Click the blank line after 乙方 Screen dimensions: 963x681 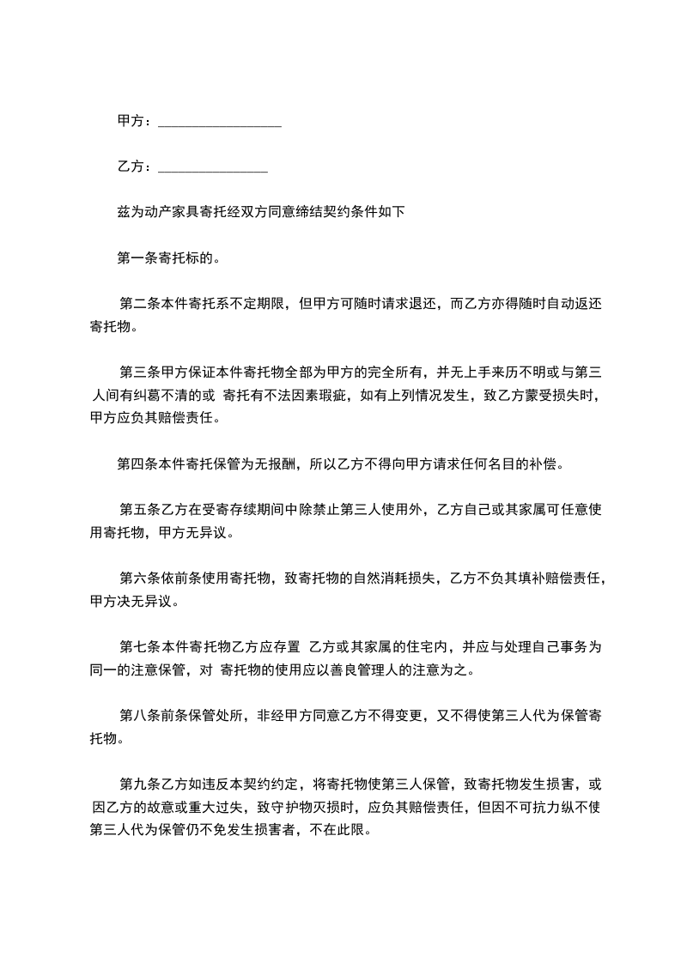click(214, 167)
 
